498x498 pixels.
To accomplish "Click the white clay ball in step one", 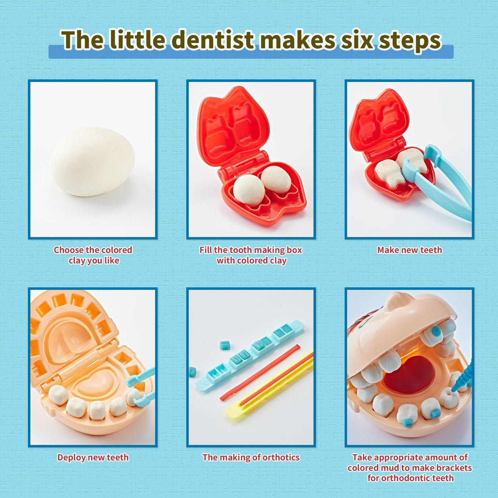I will click(x=92, y=162).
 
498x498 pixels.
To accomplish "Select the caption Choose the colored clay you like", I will click(x=93, y=255).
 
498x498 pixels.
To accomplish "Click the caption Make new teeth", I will click(x=409, y=250).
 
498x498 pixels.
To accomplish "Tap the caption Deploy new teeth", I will click(x=93, y=457).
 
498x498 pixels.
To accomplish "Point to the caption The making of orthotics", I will click(x=251, y=457).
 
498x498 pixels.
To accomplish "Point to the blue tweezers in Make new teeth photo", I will click(x=444, y=183).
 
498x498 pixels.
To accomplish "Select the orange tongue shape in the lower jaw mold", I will click(x=93, y=384).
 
